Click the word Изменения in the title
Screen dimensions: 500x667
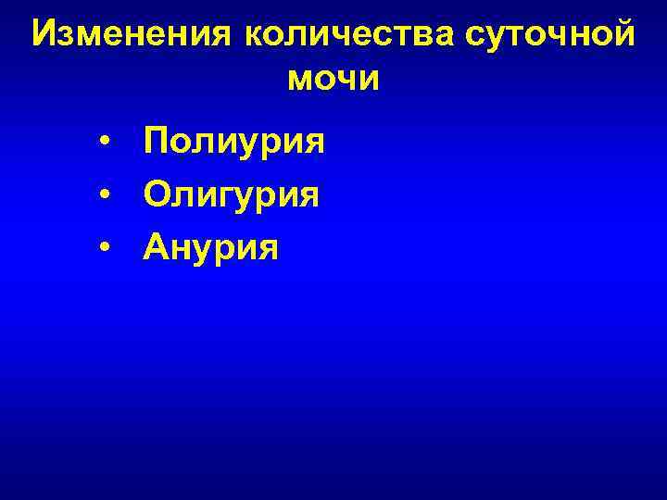[135, 35]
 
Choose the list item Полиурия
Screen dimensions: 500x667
[234, 143]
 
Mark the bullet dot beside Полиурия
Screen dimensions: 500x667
[108, 143]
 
